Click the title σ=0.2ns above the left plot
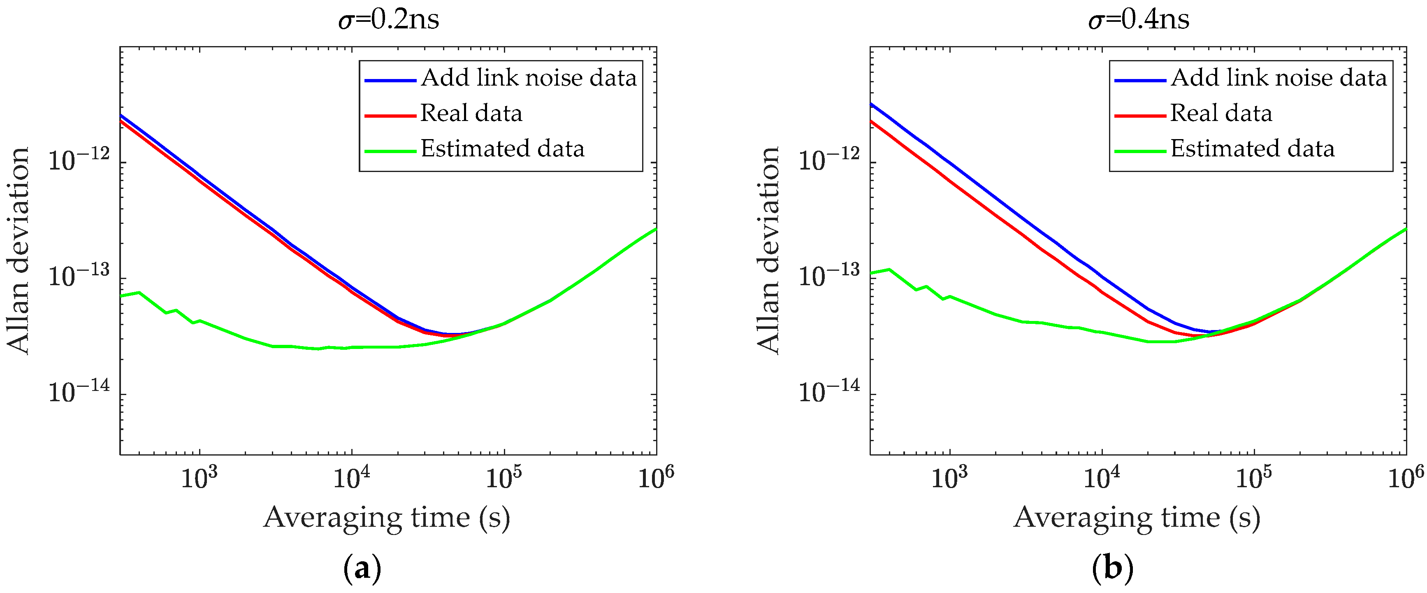pyautogui.click(x=388, y=20)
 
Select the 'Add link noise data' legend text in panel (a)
pyautogui.click(x=529, y=78)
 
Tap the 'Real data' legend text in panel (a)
pyautogui.click(x=471, y=114)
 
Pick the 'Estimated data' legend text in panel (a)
pyautogui.click(x=502, y=149)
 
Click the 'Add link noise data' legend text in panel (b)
pyautogui.click(x=1278, y=78)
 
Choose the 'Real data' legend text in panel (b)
pyautogui.click(x=1221, y=114)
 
